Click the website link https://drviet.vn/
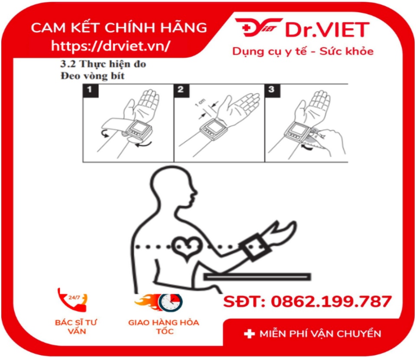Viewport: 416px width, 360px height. click(x=110, y=46)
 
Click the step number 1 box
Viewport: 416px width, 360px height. click(x=91, y=91)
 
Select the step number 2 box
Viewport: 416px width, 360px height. click(x=182, y=91)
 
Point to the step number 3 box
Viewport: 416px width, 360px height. click(x=272, y=91)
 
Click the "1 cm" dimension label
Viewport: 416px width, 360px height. click(x=200, y=103)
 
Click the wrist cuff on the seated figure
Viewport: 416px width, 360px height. click(x=255, y=247)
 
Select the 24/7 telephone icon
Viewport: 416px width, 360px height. click(x=72, y=299)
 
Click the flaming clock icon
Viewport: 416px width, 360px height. click(x=159, y=302)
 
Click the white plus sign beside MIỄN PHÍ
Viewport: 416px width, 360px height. click(x=249, y=334)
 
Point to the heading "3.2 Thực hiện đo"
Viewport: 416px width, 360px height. click(x=103, y=64)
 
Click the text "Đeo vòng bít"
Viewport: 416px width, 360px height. click(x=93, y=76)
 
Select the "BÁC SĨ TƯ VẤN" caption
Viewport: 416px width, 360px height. click(x=76, y=327)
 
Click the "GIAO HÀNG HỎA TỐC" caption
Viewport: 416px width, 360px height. click(x=164, y=327)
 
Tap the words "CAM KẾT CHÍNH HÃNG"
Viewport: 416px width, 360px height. click(x=119, y=27)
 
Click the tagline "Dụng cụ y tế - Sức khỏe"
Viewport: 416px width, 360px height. click(x=303, y=51)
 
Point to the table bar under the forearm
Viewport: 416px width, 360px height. click(x=257, y=277)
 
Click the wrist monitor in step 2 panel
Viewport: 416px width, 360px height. click(x=213, y=129)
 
